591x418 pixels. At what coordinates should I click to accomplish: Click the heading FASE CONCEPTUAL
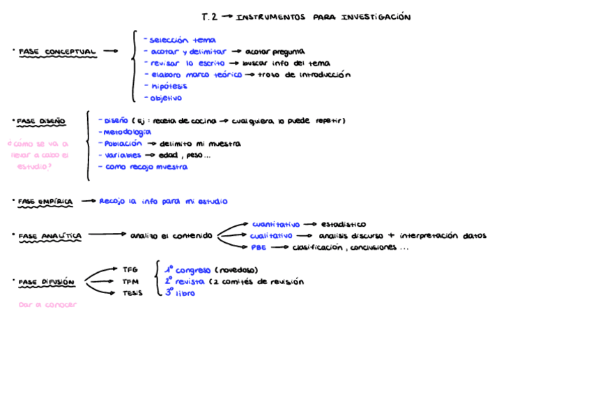(57, 52)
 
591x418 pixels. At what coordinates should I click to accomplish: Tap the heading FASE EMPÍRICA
(45, 202)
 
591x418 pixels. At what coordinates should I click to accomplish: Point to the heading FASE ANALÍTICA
(49, 236)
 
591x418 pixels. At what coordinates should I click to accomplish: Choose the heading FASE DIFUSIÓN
(46, 282)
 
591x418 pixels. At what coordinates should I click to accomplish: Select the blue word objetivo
(166, 98)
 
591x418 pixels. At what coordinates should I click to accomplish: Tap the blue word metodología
(126, 132)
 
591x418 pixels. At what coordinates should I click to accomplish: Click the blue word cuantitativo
(276, 224)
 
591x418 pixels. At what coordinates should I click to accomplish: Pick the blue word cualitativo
(271, 236)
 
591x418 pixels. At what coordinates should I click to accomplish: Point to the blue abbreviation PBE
(259, 247)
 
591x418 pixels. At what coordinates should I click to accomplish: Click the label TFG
(130, 269)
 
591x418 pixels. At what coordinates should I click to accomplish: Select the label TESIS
(132, 293)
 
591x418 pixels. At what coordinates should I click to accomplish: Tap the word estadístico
(343, 225)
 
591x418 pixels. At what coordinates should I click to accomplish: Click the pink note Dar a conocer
(47, 304)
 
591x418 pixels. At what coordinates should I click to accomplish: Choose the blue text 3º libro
(180, 293)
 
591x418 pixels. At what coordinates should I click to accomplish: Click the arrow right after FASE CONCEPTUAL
(110, 51)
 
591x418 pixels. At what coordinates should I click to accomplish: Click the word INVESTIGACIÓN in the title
(376, 17)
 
